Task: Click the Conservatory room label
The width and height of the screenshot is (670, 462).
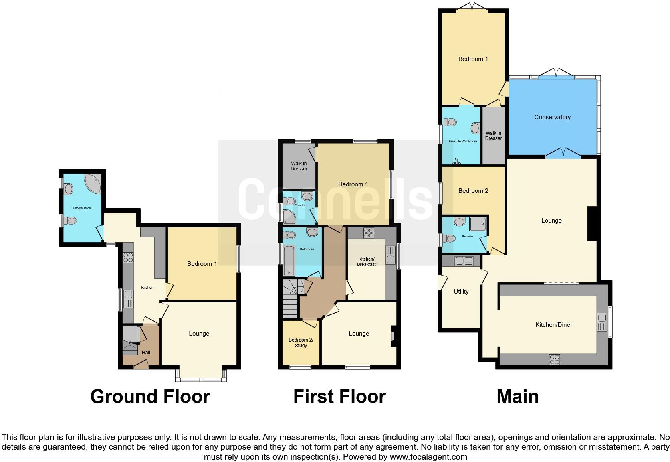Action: (552, 117)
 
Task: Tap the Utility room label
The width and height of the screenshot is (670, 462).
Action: (461, 292)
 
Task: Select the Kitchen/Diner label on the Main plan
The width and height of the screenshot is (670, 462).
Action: (553, 325)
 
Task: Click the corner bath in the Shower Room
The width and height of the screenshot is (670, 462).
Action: (93, 184)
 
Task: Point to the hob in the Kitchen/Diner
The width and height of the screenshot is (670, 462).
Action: (554, 359)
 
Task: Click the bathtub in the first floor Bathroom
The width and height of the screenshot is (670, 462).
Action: (289, 261)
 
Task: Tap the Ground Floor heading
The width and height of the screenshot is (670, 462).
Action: (150, 397)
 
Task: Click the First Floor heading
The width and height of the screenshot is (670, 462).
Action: (339, 397)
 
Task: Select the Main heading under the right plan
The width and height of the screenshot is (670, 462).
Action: (517, 397)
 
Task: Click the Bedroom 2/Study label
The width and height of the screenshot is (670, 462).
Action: (301, 343)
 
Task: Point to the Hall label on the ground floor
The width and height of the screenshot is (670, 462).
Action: (146, 353)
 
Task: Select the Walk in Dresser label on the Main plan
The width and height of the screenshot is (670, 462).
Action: (493, 136)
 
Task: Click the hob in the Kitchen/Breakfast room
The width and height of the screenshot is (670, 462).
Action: (369, 233)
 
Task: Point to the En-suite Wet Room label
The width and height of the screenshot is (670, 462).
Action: (463, 141)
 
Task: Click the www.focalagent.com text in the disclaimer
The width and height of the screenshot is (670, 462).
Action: (428, 457)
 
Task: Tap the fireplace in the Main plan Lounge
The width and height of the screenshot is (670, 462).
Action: (592, 223)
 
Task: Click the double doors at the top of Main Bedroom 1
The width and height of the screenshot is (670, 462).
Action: (473, 7)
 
